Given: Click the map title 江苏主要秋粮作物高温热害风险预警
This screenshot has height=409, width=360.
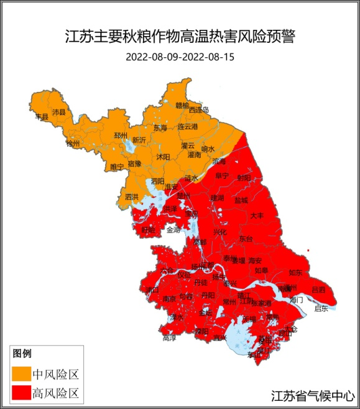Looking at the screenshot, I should tap(180, 37).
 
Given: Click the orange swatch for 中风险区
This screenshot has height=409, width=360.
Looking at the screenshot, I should tap(21, 374).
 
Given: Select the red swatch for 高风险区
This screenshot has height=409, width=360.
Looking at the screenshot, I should tap(21, 393).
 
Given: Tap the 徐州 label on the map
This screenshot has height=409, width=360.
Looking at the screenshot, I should tap(73, 144).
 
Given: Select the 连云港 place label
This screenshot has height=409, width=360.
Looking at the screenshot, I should tap(187, 127).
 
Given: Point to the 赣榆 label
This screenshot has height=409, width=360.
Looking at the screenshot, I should tap(182, 106).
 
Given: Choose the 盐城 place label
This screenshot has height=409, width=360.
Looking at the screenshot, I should tap(241, 200).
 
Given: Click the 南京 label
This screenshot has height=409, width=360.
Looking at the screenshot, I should tap(169, 299).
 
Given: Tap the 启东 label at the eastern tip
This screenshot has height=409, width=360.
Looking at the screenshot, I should tap(321, 308).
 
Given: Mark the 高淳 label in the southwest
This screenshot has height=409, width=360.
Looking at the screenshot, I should tap(169, 339).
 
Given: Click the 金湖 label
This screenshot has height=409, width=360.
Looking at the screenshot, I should tap(173, 230).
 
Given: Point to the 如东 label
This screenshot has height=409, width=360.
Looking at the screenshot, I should tap(295, 272).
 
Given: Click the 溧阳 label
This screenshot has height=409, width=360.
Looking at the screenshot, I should tap(200, 332).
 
